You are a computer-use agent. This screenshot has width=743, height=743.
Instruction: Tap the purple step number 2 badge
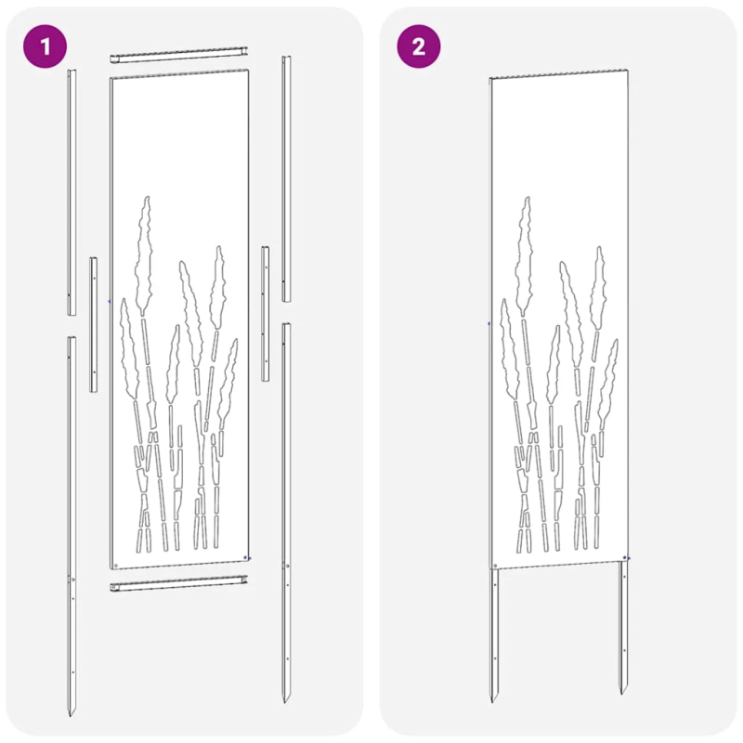coord(419,46)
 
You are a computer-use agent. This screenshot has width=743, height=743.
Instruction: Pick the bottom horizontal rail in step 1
coord(180,585)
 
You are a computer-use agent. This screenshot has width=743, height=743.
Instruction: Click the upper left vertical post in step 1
coord(72,190)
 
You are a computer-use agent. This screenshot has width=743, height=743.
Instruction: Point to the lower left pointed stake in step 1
coord(72,520)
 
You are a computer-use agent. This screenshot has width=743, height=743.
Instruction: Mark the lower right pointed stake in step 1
coord(286,511)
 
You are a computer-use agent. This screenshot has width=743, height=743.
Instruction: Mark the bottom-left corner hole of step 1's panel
coord(114,564)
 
